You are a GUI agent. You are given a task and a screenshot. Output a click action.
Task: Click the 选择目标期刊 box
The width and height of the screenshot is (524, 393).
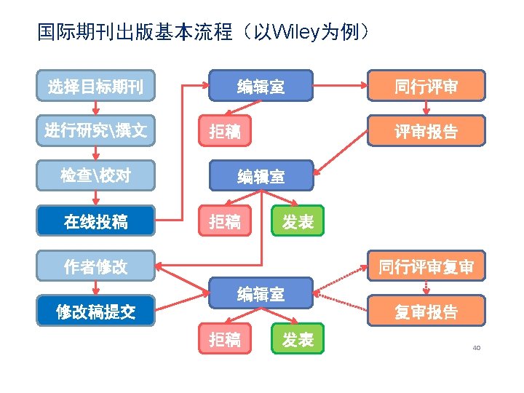(x=95, y=87)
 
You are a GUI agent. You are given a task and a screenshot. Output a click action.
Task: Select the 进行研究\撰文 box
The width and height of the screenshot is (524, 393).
(x=95, y=132)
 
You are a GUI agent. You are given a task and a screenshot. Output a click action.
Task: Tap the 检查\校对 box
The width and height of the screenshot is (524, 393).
(x=95, y=176)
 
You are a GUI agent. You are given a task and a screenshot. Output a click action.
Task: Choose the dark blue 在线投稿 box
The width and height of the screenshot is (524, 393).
(x=95, y=221)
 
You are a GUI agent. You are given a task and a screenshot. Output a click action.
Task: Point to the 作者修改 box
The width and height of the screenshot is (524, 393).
(x=95, y=266)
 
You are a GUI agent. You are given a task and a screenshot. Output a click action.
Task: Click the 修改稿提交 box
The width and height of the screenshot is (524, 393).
(x=95, y=311)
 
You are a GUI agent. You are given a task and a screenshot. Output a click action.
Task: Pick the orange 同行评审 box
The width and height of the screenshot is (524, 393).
(x=426, y=87)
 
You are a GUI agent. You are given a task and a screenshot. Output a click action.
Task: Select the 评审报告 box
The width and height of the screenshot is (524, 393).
(x=426, y=132)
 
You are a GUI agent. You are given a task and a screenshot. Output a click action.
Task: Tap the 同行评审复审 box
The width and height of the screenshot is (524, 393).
(x=426, y=266)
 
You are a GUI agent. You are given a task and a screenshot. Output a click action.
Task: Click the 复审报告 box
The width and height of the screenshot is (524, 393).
(x=426, y=311)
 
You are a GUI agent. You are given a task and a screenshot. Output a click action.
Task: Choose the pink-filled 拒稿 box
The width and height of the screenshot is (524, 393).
(x=225, y=132)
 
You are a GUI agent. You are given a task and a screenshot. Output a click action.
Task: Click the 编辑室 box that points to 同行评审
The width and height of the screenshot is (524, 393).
(x=261, y=87)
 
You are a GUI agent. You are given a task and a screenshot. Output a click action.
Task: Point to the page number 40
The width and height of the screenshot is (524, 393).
(x=476, y=347)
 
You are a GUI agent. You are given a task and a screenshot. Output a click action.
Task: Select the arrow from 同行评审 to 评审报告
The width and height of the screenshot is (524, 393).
(x=426, y=109)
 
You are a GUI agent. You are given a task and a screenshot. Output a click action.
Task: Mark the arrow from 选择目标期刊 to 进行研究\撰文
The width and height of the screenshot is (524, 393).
(x=95, y=109)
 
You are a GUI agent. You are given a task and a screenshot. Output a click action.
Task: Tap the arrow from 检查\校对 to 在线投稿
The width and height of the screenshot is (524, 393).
(x=95, y=199)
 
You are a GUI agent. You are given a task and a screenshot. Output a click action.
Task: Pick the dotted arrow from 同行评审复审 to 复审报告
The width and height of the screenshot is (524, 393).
(x=426, y=288)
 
